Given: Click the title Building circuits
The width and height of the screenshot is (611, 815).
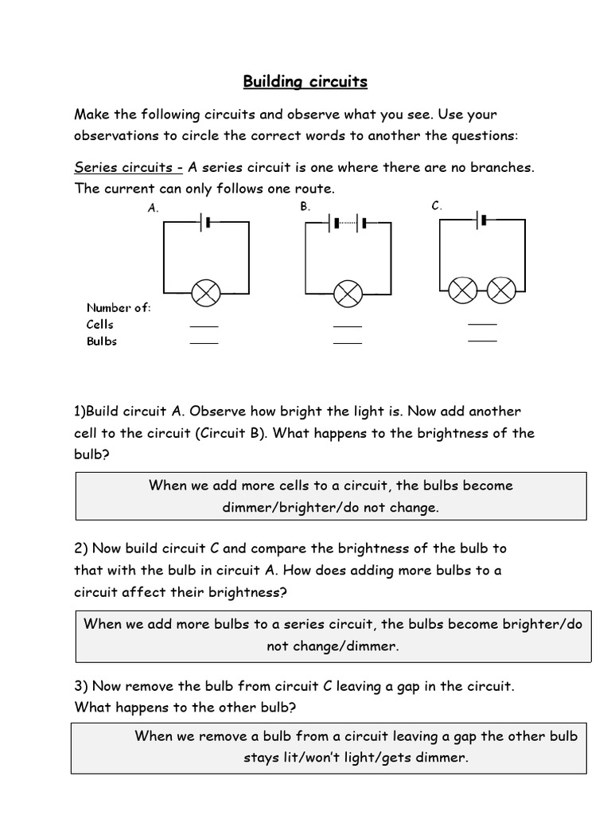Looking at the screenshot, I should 305,82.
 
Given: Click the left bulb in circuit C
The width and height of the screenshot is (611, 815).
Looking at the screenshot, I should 462,290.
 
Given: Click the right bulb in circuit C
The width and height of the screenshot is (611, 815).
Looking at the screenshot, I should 501,290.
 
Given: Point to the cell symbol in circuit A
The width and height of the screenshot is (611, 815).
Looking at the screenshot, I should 206,223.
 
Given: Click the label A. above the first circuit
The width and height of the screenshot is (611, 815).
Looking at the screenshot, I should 154,208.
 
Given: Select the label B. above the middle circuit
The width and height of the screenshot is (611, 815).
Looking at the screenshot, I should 305,206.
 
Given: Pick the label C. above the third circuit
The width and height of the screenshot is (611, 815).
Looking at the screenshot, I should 437,206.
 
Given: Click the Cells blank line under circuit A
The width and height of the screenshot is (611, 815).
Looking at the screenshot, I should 204,326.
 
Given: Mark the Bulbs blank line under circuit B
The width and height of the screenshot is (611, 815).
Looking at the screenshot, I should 347,343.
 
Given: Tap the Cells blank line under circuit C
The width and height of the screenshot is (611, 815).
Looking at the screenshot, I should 482,324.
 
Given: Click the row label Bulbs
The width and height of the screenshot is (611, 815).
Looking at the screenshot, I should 102,341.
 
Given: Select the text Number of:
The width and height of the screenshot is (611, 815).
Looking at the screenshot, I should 119,307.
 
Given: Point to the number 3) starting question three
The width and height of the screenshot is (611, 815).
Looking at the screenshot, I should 81,686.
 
